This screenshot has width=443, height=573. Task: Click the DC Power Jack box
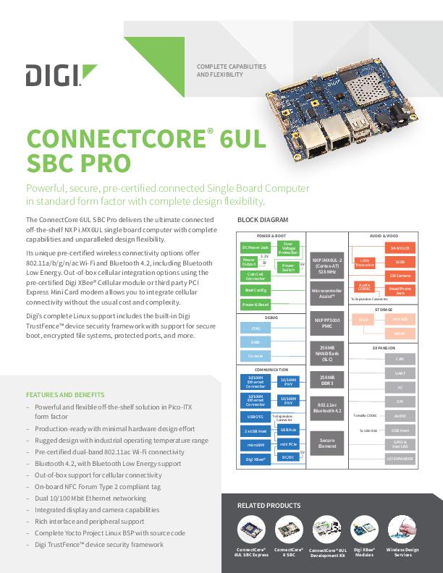click(254, 247)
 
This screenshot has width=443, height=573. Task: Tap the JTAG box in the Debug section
click(254, 327)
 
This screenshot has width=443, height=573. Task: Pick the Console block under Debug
click(254, 356)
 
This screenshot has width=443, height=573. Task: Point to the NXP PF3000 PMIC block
click(326, 322)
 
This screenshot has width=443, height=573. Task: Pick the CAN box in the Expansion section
click(400, 359)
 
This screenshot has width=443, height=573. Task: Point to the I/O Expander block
click(400, 459)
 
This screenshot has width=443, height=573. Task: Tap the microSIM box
click(256, 445)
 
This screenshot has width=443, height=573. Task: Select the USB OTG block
click(256, 417)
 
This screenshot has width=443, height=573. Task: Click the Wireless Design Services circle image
click(402, 530)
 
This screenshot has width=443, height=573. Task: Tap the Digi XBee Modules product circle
click(365, 530)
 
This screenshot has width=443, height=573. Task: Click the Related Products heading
click(269, 506)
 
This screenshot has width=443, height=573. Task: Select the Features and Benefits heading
click(65, 395)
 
